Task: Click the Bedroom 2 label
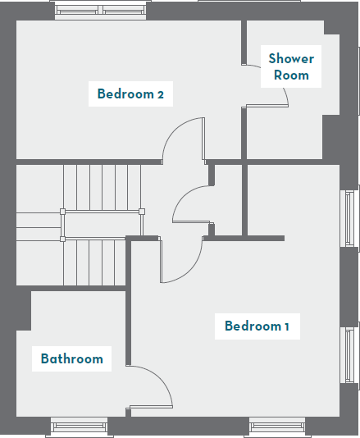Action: point(130,94)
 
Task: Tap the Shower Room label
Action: point(291,66)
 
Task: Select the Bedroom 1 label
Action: point(257,326)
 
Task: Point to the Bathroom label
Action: point(72,358)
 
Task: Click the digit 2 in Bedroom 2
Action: point(161,94)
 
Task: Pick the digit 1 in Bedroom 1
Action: point(286,326)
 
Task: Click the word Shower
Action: point(291,58)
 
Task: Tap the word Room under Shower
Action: point(291,75)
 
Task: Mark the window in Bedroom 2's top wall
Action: point(99,11)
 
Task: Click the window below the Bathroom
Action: point(79,427)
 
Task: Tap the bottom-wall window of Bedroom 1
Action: point(276,427)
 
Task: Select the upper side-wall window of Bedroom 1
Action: point(350,217)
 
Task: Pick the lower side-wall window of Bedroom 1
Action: point(350,354)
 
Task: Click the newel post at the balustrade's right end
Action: point(141,212)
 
